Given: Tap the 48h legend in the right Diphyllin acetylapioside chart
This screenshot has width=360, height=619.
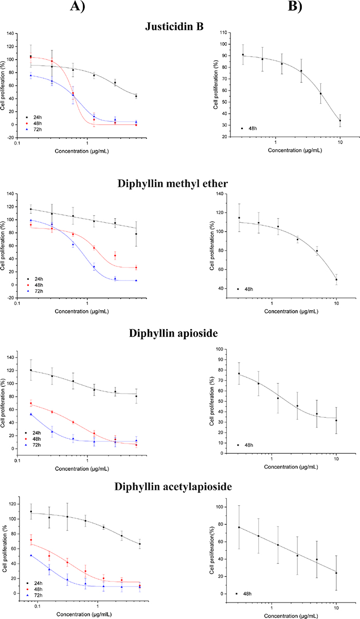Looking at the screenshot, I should [x=245, y=593].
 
